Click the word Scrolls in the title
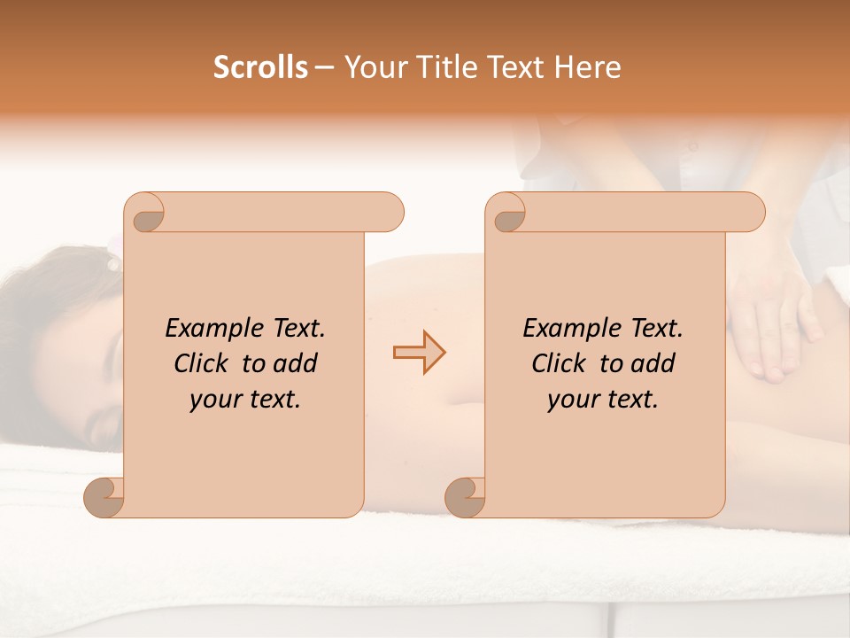(261, 67)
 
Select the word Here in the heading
(587, 67)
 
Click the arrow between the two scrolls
(419, 352)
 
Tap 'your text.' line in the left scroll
(245, 400)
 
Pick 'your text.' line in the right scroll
(603, 400)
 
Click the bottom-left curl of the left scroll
(104, 497)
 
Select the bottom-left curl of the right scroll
(465, 497)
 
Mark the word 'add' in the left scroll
(297, 363)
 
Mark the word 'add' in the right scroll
(654, 363)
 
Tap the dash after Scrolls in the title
(325, 67)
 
